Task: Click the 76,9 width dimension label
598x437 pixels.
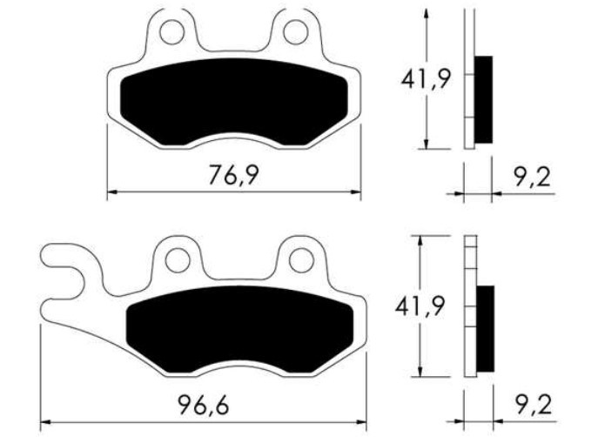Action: (x=234, y=175)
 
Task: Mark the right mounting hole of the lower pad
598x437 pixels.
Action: (x=301, y=259)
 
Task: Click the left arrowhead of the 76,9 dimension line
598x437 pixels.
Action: (x=111, y=192)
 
